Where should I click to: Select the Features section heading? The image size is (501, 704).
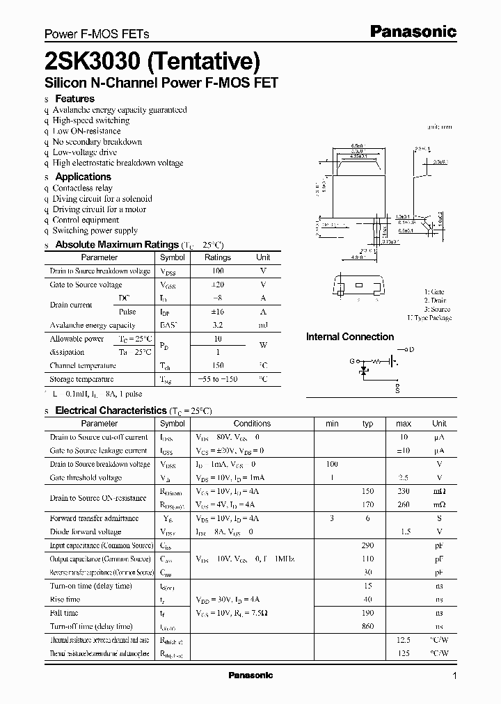tap(74, 99)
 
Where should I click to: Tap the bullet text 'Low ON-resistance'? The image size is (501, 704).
tap(86, 131)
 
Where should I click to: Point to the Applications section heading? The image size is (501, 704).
tap(83, 177)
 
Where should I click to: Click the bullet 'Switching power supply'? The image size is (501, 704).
tap(95, 230)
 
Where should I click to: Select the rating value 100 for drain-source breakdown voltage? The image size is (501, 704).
tap(217, 271)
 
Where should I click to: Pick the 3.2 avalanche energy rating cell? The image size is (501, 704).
tap(217, 325)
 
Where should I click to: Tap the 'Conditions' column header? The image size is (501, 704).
tap(252, 423)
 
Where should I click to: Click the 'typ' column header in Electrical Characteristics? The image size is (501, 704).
tap(367, 423)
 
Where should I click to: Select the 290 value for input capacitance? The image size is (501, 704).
tap(367, 545)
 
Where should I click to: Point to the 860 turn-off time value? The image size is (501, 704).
tap(367, 626)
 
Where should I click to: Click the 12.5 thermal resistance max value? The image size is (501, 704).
tap(404, 640)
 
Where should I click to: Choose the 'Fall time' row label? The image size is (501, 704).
tap(64, 613)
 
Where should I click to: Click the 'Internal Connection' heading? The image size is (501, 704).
tap(350, 337)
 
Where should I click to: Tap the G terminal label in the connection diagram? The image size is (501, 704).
tap(351, 362)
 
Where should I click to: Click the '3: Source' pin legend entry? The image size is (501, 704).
tap(437, 309)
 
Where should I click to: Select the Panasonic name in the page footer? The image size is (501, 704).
tap(250, 675)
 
